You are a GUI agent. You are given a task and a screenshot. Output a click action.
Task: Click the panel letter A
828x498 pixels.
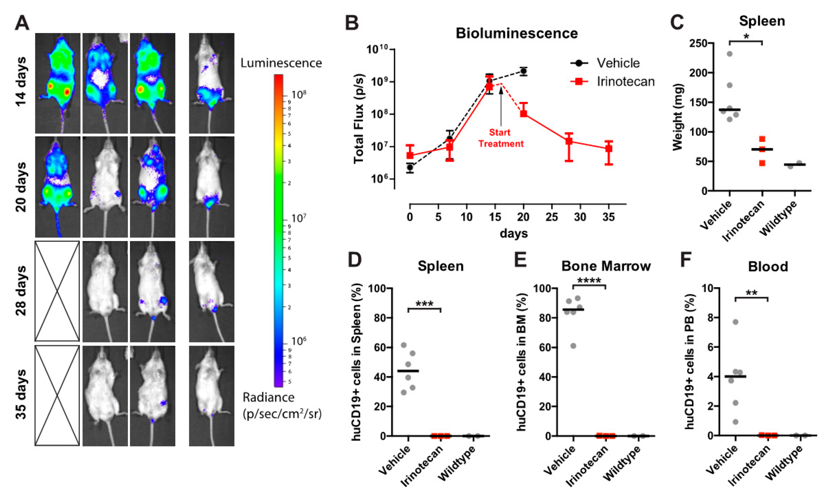tap(22, 23)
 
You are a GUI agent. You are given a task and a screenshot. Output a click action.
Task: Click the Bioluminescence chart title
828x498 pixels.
tap(516, 33)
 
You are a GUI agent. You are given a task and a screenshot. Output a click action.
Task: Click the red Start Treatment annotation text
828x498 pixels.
tap(501, 138)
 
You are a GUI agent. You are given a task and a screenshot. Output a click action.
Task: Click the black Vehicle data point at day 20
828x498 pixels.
tap(523, 72)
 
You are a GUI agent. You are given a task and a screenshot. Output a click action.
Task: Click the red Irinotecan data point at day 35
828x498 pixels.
tap(608, 149)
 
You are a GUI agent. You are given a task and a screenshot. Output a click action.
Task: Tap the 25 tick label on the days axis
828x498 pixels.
tap(551, 217)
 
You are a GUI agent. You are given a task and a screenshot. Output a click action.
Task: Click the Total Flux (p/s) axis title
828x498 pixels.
tap(359, 119)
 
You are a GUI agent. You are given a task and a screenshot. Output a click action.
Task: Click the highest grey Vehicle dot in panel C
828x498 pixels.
tap(730, 54)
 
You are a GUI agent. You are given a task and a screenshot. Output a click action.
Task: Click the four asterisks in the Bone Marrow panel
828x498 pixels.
tap(589, 281)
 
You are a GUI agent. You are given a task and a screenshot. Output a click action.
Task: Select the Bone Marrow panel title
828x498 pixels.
tap(606, 266)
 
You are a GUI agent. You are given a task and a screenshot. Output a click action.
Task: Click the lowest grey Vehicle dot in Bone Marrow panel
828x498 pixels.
tap(573, 346)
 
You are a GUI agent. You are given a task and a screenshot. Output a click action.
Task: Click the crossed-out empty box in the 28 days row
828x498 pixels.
tap(57, 291)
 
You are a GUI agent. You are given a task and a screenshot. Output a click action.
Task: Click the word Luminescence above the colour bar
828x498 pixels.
tap(281, 63)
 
